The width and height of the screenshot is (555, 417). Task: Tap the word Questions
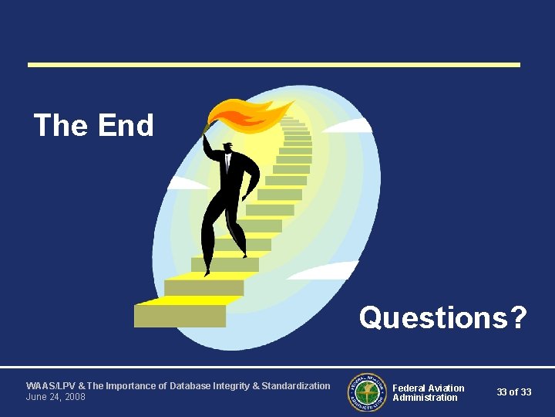pos(432,317)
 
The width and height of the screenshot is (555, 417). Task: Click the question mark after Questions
pos(518,317)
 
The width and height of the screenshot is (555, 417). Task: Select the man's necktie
pos(227,164)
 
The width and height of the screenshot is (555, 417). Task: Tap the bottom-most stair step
pos(180,316)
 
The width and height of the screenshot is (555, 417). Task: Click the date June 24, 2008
pos(55,397)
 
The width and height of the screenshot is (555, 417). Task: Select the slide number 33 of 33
pos(513,392)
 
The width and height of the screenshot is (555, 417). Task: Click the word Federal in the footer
pos(409,388)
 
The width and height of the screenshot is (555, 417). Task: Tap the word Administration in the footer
pos(425,398)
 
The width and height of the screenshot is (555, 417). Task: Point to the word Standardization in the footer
pos(296,386)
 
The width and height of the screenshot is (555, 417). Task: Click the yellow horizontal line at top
pos(274,65)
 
